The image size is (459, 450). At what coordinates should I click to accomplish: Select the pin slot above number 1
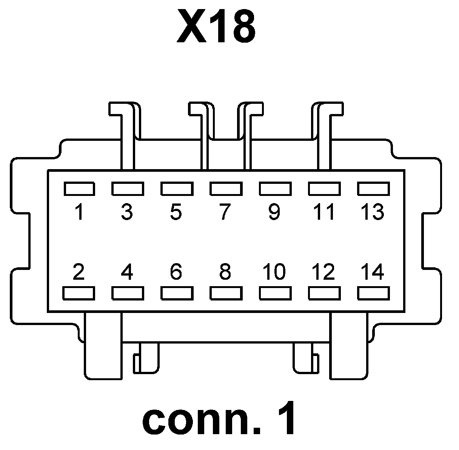point(79,188)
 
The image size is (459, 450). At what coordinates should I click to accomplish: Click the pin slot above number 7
point(226,188)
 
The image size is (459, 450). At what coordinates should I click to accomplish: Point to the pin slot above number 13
point(373,188)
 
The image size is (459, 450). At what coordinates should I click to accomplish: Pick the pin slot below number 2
point(79,293)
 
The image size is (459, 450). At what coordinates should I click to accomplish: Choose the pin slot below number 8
point(226,293)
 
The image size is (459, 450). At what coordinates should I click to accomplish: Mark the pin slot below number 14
point(373,293)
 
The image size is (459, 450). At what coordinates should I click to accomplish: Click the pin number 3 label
point(127,212)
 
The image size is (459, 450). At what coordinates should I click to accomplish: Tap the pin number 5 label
point(176,212)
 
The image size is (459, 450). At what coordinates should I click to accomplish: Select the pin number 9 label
point(274,212)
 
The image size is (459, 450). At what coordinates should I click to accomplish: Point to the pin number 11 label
point(324,212)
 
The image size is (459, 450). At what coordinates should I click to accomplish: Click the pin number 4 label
point(127,272)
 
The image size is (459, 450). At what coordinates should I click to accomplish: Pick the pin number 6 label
point(176,272)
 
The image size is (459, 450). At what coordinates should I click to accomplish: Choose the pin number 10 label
point(274,272)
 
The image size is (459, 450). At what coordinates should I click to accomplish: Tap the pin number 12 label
point(323,272)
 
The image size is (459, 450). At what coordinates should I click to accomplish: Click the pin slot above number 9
point(275,188)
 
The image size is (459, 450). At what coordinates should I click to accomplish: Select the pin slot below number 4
point(128,293)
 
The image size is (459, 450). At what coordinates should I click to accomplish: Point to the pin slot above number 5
point(177,188)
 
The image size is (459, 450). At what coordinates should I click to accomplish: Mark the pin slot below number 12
point(324,293)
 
